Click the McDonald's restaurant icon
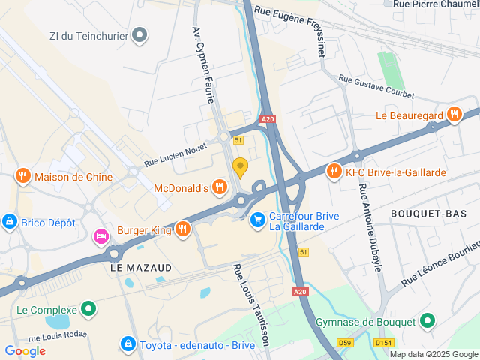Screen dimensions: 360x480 (x=219, y=187)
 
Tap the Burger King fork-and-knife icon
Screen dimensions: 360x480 (x=181, y=228)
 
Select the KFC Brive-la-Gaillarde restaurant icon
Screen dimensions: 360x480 (x=334, y=172)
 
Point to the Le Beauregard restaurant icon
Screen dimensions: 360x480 (x=453, y=115)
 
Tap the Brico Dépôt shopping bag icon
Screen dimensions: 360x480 (x=10, y=221)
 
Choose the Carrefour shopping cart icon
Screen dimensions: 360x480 (x=258, y=220)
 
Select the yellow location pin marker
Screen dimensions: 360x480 (x=240, y=166)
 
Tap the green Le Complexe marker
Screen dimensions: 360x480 (x=88, y=309)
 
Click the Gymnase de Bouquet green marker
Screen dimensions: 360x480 (x=427, y=322)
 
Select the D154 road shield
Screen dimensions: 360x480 (x=383, y=343)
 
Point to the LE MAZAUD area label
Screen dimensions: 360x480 (x=141, y=267)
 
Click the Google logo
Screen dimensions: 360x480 (x=25, y=350)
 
